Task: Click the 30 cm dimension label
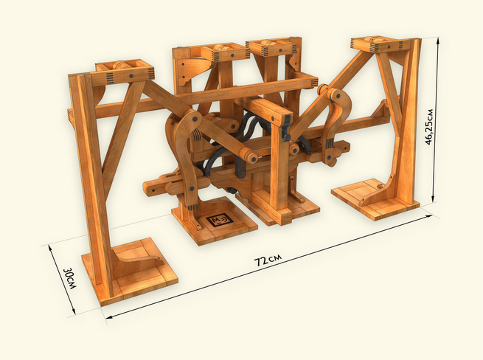click(69, 278)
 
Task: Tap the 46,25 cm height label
click(428, 127)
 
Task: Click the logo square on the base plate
click(218, 221)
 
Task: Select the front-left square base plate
click(130, 271)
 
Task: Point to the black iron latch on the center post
click(287, 127)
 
